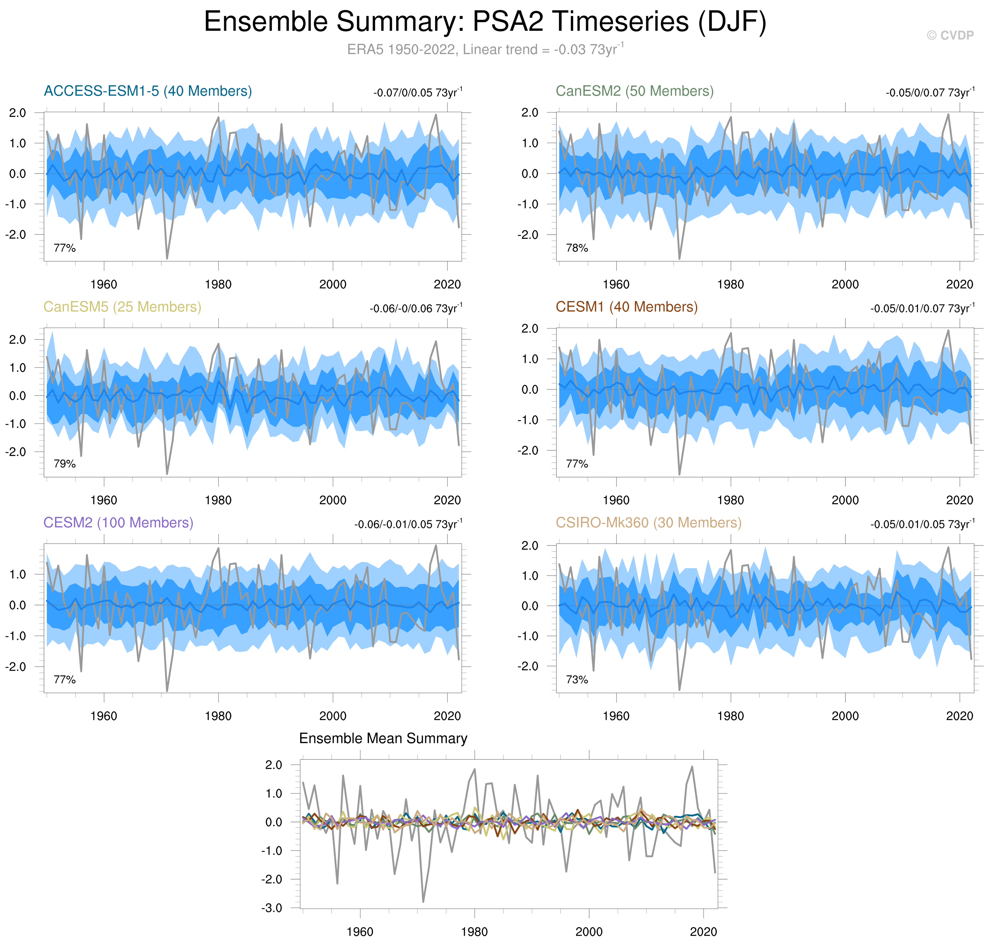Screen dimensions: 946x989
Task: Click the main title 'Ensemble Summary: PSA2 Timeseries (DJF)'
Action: pyautogui.click(x=485, y=22)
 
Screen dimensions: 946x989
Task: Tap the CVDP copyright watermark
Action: pyautogui.click(x=950, y=35)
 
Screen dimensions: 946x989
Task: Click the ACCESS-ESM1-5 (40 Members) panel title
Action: pyautogui.click(x=148, y=91)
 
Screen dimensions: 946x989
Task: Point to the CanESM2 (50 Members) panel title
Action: pyautogui.click(x=634, y=91)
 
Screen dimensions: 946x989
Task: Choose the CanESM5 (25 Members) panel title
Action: pyautogui.click(x=122, y=307)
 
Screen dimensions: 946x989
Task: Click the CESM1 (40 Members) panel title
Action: pyautogui.click(x=626, y=307)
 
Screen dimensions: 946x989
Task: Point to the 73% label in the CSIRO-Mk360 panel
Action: pyautogui.click(x=577, y=680)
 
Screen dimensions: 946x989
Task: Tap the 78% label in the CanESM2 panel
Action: pyautogui.click(x=577, y=248)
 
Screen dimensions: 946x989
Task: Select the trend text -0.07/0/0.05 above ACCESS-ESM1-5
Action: pyautogui.click(x=417, y=93)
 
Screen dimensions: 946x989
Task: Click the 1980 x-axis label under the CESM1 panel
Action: pyautogui.click(x=731, y=500)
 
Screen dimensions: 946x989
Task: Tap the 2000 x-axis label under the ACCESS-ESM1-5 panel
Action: pyautogui.click(x=333, y=284)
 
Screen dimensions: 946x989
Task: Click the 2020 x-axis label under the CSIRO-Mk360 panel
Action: pyautogui.click(x=959, y=716)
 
